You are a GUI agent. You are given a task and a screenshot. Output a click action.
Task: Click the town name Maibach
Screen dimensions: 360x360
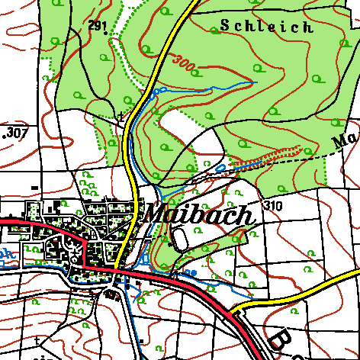[x=197, y=214]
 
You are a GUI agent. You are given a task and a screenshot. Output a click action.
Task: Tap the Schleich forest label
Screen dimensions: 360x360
[x=266, y=27]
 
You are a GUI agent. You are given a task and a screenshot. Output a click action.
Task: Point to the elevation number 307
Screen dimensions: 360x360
[x=15, y=133]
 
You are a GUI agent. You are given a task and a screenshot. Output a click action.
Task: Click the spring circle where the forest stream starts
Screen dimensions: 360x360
[x=160, y=90]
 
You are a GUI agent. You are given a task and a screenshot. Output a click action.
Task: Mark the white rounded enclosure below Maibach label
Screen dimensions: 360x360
[x=179, y=239]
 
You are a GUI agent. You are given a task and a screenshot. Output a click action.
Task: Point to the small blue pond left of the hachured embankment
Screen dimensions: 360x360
[x=220, y=167]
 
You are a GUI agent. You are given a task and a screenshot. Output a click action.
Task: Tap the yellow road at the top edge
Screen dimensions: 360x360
[x=189, y=4]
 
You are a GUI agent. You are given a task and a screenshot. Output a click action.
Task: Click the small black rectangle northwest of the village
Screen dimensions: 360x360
[x=34, y=187]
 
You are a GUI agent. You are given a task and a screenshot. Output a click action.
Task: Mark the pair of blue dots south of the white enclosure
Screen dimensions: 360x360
[x=190, y=272]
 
